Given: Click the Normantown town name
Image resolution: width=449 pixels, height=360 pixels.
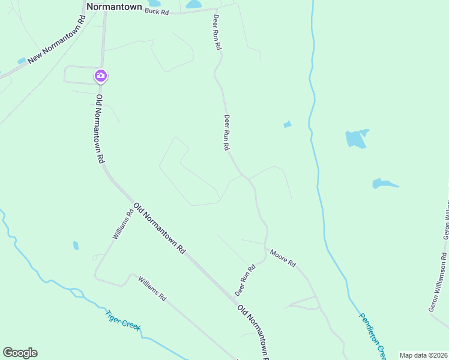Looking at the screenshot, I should pos(114,7).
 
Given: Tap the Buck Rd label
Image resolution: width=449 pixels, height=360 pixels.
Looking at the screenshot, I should pos(157,11).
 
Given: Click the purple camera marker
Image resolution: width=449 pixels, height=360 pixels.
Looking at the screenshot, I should pos(100,76).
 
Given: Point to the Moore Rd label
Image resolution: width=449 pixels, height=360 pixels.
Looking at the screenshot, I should pos(283,259).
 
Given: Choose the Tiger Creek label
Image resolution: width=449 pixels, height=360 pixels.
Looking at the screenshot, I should pos(122,319).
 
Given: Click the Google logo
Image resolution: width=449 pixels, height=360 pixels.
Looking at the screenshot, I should pos(20,353).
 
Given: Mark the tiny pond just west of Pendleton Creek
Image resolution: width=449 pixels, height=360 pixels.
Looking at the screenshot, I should pos(288,124).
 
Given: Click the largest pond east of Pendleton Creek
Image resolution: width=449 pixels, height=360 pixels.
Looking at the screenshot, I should pos(356,139).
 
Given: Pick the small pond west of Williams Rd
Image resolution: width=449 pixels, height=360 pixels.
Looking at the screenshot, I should pos(76,245).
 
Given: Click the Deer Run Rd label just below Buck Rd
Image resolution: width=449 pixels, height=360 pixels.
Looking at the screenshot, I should pos(217,33).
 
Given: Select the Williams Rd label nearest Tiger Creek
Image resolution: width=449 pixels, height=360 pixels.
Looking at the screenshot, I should pos(151,289).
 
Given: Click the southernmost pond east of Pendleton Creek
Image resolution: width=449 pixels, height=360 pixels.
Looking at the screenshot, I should pos(383,183).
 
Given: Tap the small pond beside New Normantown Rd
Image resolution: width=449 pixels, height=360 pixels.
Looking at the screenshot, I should pos(22,61).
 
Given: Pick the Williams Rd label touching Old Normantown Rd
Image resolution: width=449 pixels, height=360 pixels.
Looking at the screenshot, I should pos(122,224).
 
